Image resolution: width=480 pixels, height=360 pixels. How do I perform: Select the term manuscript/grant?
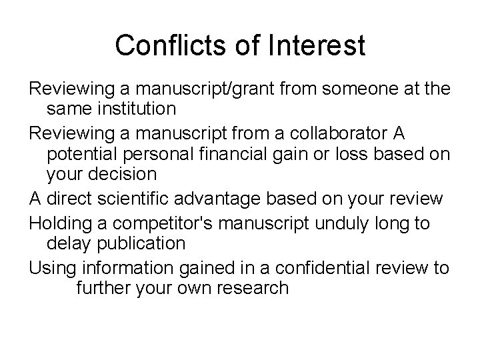point(192,89)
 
